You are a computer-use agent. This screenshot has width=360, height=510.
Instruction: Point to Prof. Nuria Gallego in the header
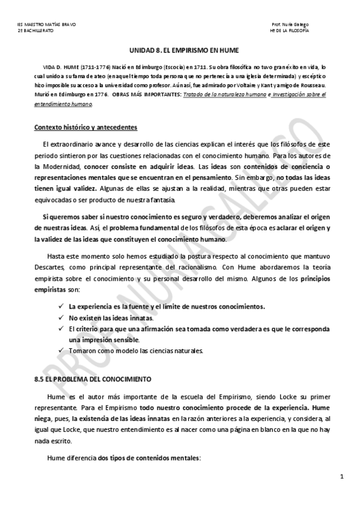point(290,24)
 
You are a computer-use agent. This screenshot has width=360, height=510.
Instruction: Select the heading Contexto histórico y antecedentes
point(85,127)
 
